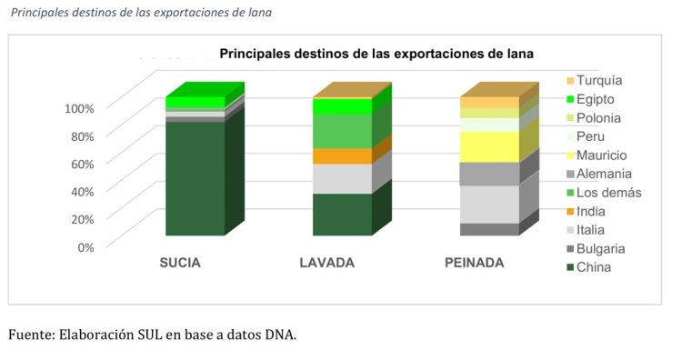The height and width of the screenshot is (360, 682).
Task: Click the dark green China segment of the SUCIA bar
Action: (195, 177)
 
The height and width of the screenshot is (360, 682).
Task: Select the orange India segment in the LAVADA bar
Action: (342, 156)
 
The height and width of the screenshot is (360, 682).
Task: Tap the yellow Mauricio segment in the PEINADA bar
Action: (489, 146)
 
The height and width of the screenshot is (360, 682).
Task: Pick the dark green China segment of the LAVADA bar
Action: (342, 215)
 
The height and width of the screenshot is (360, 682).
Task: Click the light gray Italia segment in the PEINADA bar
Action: (489, 204)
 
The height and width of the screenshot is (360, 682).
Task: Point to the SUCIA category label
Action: (180, 264)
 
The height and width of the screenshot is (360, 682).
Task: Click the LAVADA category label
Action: (327, 264)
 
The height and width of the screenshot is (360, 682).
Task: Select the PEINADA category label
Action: (474, 264)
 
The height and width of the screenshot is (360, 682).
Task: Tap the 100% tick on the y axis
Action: (79, 108)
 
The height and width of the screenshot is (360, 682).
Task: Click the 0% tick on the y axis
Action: (85, 246)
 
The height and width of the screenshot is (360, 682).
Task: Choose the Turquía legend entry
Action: (594, 81)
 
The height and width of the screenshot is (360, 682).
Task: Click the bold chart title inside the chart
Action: (376, 54)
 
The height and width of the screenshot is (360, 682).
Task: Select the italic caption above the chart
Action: (140, 13)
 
